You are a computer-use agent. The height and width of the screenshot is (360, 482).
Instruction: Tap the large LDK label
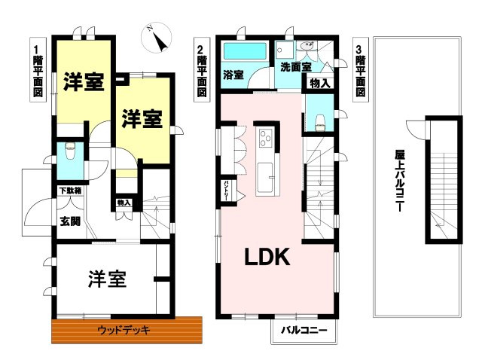click(x=266, y=258)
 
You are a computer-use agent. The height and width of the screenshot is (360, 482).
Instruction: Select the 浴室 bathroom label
click(x=233, y=75)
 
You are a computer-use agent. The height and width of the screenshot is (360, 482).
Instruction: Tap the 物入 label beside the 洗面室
click(x=319, y=83)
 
